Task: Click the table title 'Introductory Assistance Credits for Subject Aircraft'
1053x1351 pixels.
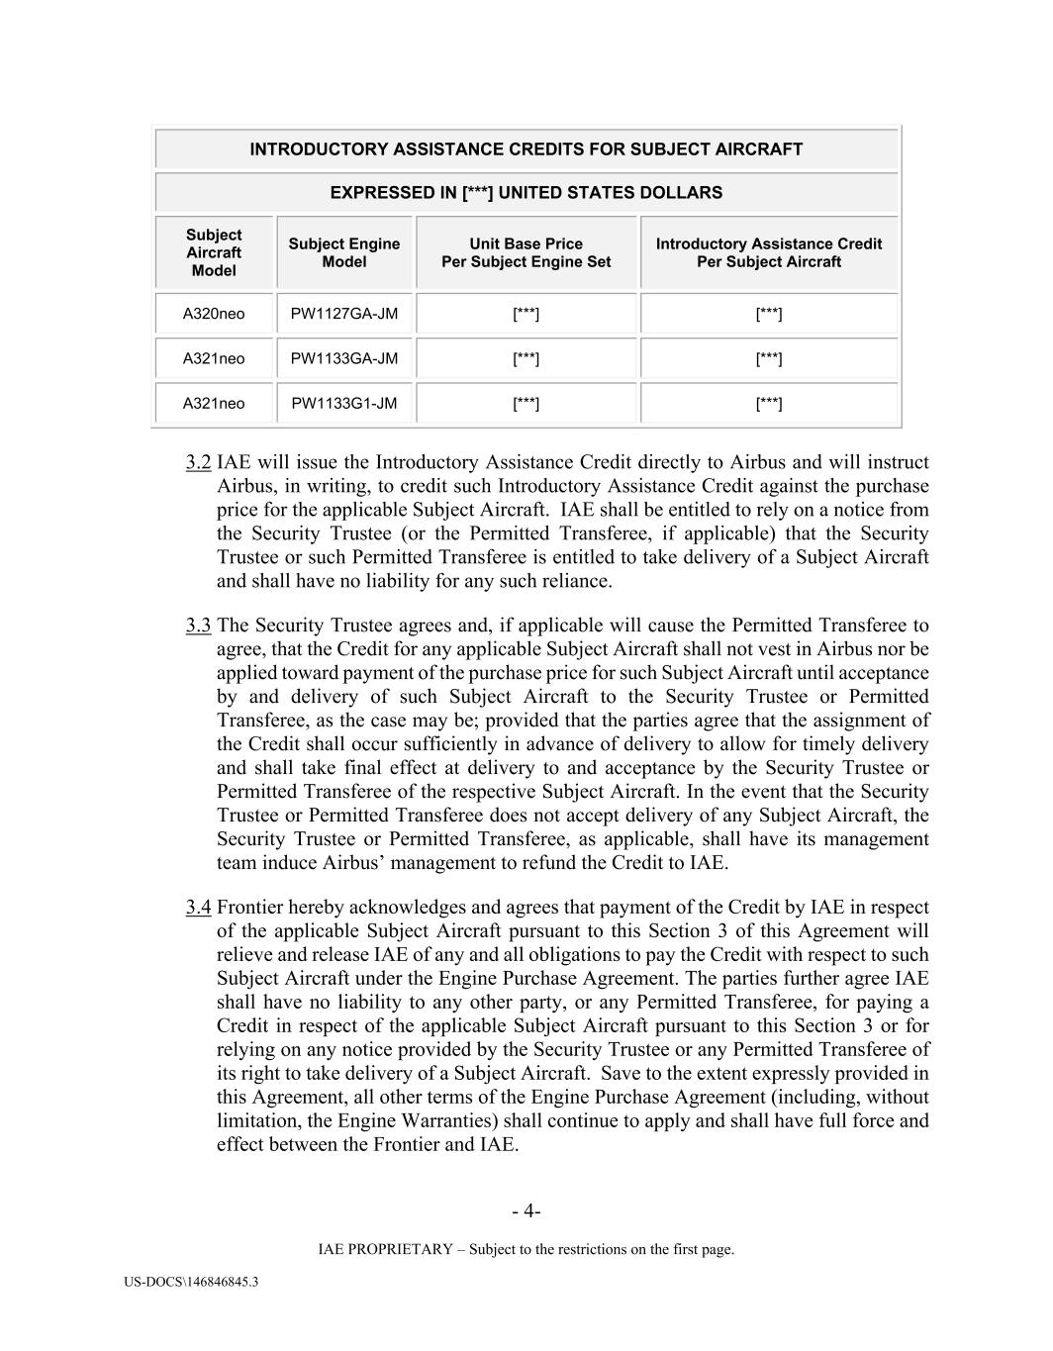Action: tap(526, 149)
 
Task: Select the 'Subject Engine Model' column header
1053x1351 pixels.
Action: tap(343, 252)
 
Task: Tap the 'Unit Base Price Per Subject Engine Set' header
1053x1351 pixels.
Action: tap(526, 252)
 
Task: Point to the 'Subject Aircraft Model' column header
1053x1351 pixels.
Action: tap(214, 252)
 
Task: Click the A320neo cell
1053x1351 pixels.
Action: tap(214, 314)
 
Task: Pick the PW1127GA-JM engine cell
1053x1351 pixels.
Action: tap(343, 314)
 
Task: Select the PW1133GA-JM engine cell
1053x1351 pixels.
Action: tap(343, 358)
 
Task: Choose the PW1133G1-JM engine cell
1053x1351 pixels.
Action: tap(343, 403)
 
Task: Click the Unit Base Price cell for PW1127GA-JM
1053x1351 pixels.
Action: tap(526, 314)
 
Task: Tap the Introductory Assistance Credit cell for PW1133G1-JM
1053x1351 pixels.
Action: tap(768, 403)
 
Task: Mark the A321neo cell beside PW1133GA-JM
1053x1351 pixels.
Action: tap(214, 358)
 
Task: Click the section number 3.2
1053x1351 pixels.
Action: tap(198, 462)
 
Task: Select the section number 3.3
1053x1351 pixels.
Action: tap(198, 626)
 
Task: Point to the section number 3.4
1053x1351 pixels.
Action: tap(198, 908)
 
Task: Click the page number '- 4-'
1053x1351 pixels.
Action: tap(526, 1211)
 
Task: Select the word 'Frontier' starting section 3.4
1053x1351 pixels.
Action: tap(249, 908)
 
